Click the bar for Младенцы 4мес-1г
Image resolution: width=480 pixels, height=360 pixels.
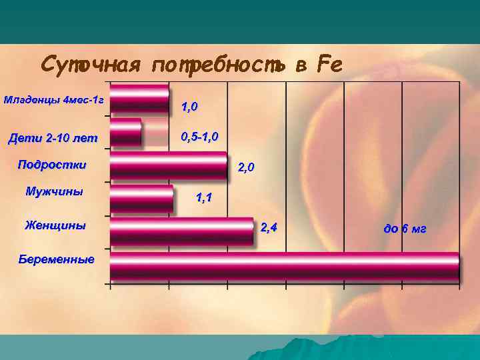tap(139, 98)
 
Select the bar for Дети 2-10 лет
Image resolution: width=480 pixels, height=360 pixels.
tap(126, 132)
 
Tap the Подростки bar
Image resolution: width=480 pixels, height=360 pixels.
tap(169, 165)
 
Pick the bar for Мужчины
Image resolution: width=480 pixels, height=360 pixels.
tap(141, 198)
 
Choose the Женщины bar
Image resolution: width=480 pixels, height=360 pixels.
tap(181, 231)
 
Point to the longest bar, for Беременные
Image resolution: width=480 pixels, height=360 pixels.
tap(285, 265)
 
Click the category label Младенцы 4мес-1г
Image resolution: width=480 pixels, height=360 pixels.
tap(53, 100)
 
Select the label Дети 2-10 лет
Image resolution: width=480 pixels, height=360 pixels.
tap(52, 139)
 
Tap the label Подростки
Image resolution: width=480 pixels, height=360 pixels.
tap(52, 164)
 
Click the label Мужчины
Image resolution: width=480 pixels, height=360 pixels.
tap(54, 191)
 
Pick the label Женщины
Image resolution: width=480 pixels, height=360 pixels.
tap(55, 225)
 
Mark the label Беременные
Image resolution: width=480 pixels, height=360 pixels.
tap(57, 259)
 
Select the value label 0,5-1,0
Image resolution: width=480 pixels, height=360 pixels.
tap(199, 137)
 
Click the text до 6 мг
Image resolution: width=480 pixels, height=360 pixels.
tap(405, 229)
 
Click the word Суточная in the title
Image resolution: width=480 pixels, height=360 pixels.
tap(91, 65)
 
